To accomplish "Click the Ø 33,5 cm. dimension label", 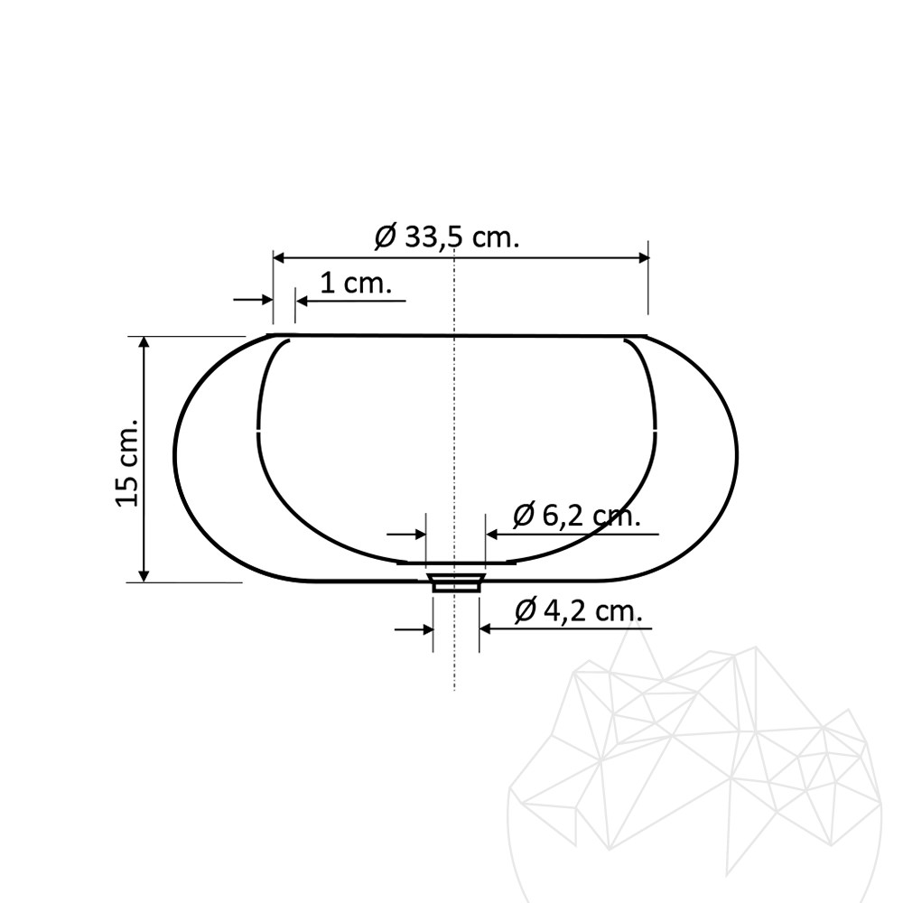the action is tap(448, 236).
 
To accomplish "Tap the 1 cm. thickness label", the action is tap(355, 284).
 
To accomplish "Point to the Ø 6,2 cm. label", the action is tap(577, 515).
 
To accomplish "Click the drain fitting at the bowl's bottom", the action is tap(455, 582).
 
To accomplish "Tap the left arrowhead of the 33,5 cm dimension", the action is tap(279, 258).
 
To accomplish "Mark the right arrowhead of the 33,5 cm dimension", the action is tap(642, 258).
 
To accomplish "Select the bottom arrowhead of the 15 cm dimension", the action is tap(144, 574).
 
